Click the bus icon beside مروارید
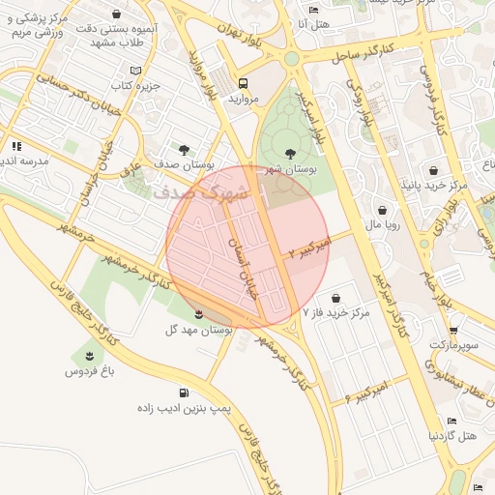[x=243, y=83]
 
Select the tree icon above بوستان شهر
[x=291, y=152]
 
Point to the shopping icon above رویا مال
[x=384, y=209]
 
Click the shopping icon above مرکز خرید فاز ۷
[x=335, y=298]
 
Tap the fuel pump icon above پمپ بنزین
[x=210, y=393]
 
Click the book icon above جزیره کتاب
[x=134, y=71]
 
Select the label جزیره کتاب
[x=133, y=87]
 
